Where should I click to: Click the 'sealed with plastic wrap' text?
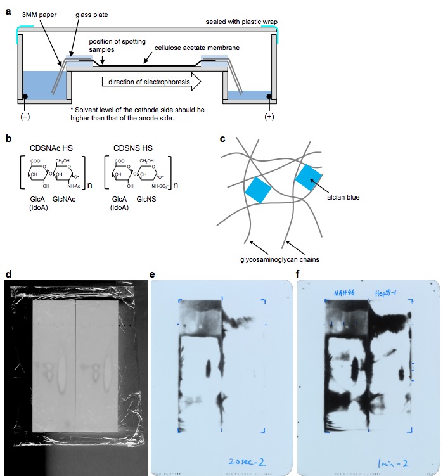pos(241,21)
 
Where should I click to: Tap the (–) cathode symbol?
pos(25,117)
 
